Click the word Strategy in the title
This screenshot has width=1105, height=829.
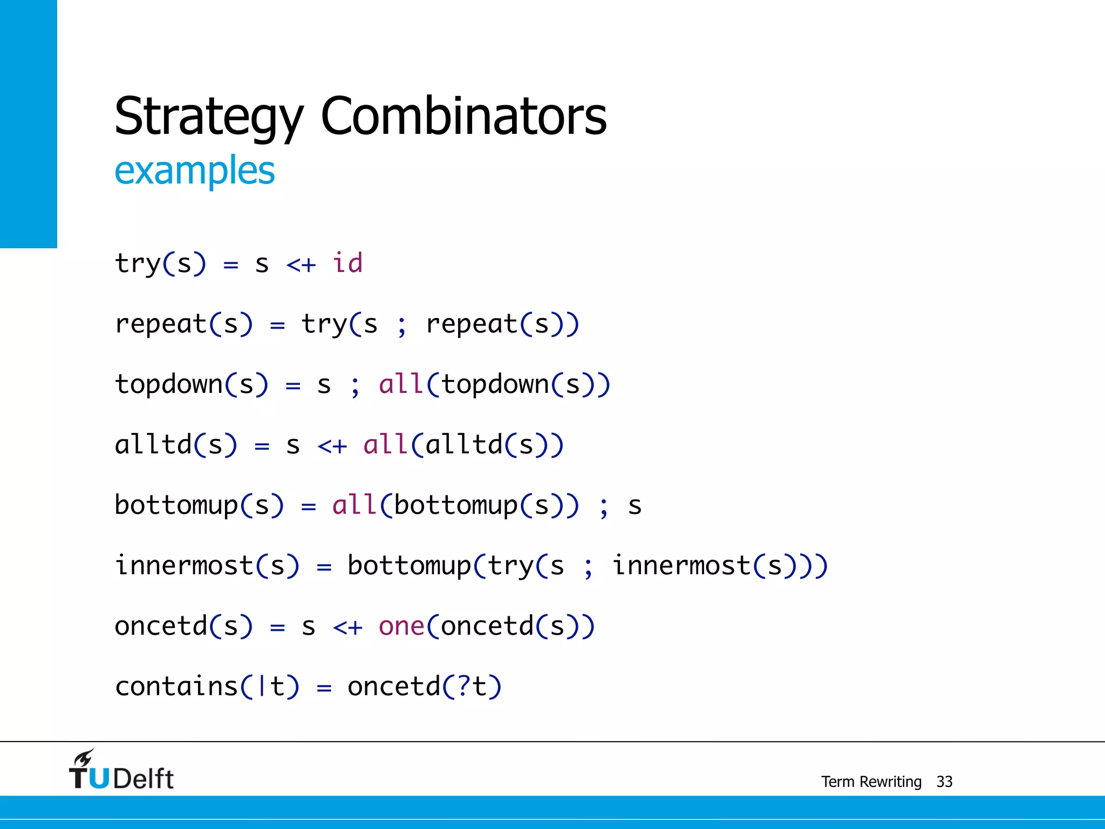[209, 117]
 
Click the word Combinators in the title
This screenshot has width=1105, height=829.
[463, 115]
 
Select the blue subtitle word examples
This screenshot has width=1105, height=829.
[195, 171]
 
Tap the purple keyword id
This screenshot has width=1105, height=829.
[347, 263]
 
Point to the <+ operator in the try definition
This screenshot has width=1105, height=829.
[301, 265]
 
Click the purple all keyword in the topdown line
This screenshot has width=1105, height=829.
[401, 384]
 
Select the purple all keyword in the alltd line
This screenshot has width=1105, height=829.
[385, 445]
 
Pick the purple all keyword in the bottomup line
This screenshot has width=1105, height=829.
[354, 505]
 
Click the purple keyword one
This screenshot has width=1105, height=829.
[401, 627]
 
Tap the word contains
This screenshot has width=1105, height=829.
[176, 687]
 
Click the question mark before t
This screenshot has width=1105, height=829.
[464, 687]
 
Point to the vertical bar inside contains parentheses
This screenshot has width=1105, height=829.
[262, 687]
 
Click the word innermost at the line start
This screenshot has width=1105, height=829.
[184, 566]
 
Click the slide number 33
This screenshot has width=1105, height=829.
[944, 782]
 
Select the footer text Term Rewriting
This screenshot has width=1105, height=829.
[871, 782]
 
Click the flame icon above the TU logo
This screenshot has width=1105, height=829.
[84, 758]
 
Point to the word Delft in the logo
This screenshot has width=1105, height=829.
[144, 779]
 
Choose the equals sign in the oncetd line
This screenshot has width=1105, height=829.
[277, 627]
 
